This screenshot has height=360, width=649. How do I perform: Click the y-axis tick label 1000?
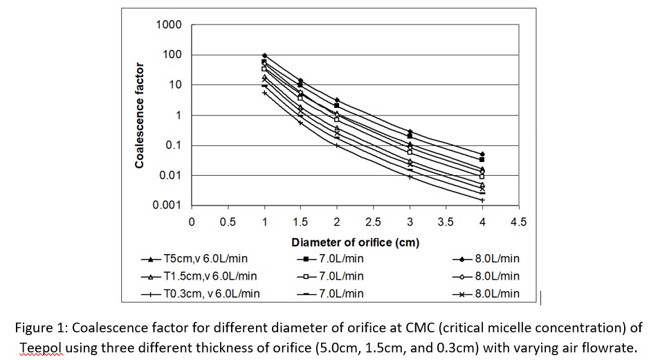(x=169, y=25)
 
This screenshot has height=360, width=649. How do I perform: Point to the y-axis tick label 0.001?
(x=167, y=206)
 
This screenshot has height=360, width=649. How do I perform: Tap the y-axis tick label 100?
(x=172, y=55)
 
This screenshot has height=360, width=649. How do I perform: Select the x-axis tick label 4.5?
(x=518, y=222)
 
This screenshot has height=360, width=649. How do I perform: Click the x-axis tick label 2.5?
(x=373, y=222)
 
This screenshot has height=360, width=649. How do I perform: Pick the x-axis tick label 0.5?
(x=228, y=222)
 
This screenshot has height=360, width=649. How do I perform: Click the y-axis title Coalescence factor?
(x=139, y=115)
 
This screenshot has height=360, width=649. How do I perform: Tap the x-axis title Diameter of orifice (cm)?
(x=355, y=242)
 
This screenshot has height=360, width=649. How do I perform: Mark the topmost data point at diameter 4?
(x=482, y=154)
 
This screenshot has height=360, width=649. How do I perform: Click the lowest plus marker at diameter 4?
(x=482, y=199)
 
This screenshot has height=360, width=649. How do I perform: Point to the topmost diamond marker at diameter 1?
(x=264, y=55)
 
